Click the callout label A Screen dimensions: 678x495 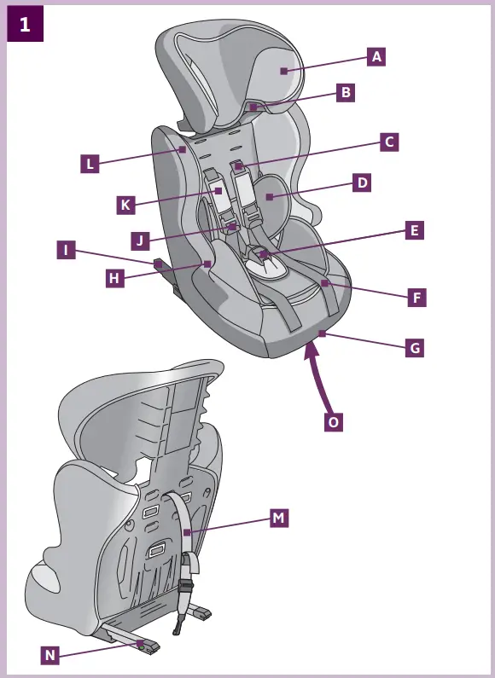coord(376,57)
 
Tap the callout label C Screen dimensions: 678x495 coord(388,142)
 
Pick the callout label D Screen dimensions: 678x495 coord(362,183)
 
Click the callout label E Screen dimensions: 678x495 coord(414,230)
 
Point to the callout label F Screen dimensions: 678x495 coord(416,298)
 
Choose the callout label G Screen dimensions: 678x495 coord(414,348)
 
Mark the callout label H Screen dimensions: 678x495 coord(114,278)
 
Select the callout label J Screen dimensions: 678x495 coord(141,240)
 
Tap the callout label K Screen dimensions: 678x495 coord(125,206)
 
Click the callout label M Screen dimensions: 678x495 coord(278,518)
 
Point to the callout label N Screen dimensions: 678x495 coord(50,655)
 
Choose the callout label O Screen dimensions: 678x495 coord(334,421)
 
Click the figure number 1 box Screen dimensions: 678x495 coord(25,25)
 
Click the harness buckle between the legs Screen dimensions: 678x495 coord(265,253)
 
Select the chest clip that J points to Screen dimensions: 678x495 coord(231,226)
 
